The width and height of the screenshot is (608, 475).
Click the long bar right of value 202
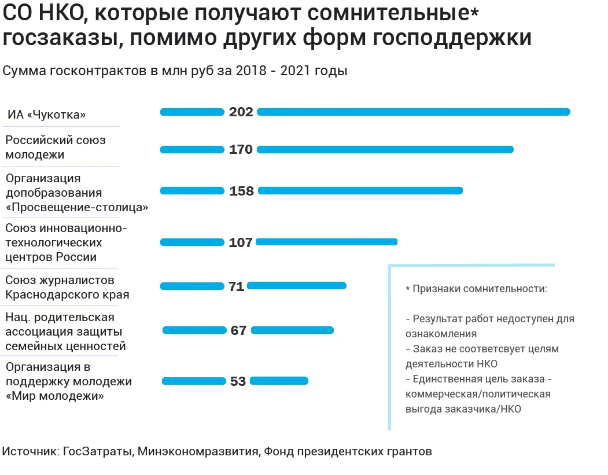pos(413,112)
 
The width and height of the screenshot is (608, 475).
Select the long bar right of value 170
pos(385,149)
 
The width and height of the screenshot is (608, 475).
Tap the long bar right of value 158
pos(359,190)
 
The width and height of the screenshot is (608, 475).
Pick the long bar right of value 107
pos(326,242)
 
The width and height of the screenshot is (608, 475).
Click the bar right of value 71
pos(296,285)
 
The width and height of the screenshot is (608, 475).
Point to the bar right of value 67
pos(292,330)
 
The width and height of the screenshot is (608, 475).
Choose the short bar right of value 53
pos(279,381)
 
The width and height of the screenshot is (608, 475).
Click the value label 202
pos(241,112)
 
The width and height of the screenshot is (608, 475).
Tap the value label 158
pos(241,191)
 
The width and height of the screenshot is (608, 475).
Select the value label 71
pos(237,286)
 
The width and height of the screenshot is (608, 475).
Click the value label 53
pos(238,381)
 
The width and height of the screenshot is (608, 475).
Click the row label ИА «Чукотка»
pos(47,115)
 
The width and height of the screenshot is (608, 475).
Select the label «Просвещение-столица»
pos(77,208)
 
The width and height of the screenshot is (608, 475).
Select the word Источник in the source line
pos(29,451)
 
